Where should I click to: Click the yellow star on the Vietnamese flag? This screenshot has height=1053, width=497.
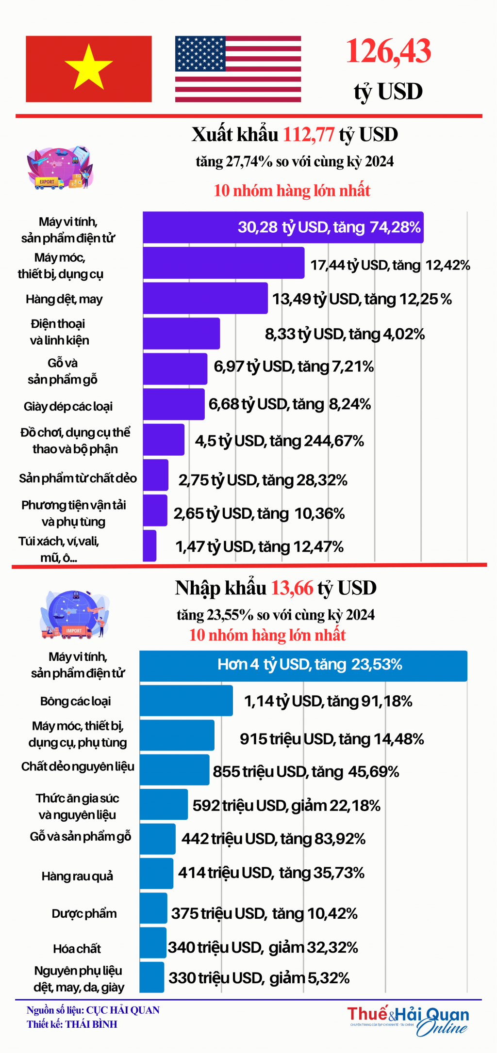click(x=89, y=68)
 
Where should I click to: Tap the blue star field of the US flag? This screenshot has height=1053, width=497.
click(x=200, y=53)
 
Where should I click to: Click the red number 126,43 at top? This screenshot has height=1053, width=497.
click(x=388, y=51)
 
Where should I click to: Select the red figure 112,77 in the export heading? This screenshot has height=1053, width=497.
click(x=308, y=135)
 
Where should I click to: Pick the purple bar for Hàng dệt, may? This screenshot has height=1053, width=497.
click(x=205, y=298)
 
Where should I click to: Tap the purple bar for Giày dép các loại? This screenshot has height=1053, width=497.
click(x=173, y=404)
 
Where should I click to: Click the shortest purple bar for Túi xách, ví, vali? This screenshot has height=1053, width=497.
click(x=149, y=545)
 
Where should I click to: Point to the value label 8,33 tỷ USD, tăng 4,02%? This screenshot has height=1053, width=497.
click(x=345, y=334)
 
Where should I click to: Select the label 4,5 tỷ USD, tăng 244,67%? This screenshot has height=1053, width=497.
click(x=279, y=441)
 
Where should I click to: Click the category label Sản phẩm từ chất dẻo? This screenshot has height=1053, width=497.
click(x=78, y=479)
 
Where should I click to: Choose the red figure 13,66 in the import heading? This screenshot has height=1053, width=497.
click(x=292, y=588)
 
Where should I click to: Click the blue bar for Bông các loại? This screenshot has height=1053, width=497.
click(x=186, y=701)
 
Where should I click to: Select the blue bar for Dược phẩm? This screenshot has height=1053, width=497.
click(x=153, y=908)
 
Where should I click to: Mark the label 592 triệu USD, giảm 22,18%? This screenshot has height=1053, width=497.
click(x=286, y=806)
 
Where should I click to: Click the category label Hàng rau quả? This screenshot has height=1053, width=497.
click(x=77, y=876)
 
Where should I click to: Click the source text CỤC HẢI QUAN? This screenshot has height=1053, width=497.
click(x=122, y=1010)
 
